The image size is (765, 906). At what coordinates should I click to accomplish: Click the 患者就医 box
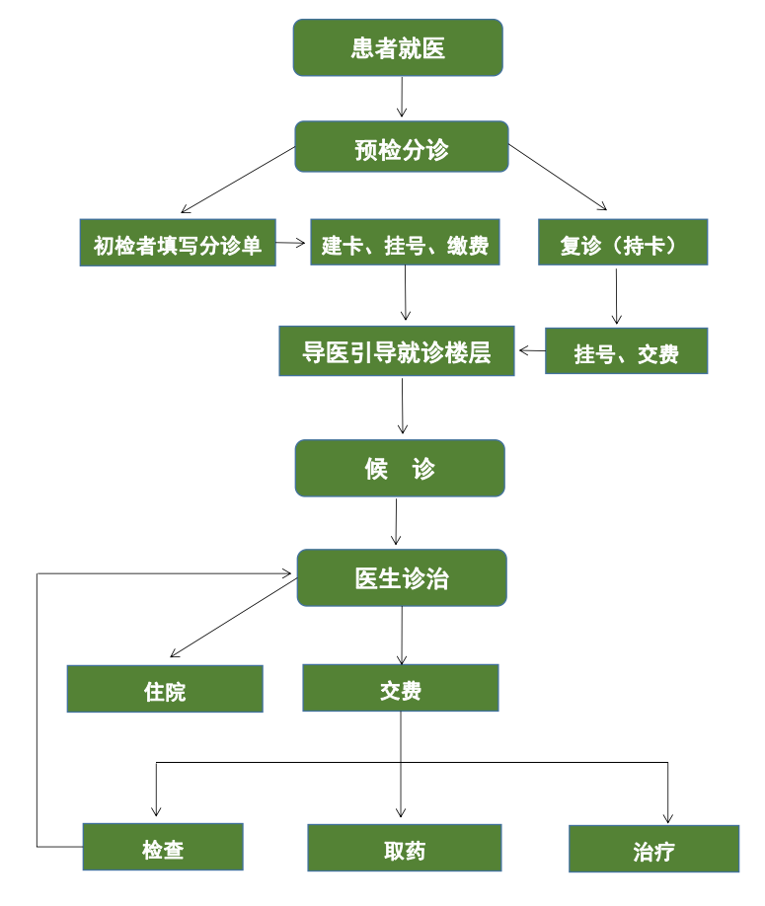coord(398,47)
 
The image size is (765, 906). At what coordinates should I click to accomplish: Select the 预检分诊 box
coord(401,147)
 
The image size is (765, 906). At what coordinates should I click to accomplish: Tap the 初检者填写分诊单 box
coord(178,243)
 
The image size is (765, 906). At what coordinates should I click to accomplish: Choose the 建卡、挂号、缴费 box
coord(405,243)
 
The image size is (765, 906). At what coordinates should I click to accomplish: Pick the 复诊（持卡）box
coord(622,243)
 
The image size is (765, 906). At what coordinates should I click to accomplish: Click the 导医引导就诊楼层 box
coord(397,351)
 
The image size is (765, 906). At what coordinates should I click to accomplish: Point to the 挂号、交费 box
coord(626,351)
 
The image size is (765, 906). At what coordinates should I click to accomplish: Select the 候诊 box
coord(400,468)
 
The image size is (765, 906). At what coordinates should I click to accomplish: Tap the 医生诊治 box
coord(402,577)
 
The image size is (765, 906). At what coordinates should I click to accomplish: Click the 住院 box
coord(165,689)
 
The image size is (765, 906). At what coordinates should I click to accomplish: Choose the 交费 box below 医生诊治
coord(400,688)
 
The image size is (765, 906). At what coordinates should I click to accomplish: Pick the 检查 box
coord(163,847)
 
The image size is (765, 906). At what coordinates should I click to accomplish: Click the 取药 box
coord(404,848)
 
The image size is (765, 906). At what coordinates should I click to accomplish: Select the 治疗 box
coord(653,849)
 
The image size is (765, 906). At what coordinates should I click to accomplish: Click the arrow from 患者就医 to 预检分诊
coord(402,98)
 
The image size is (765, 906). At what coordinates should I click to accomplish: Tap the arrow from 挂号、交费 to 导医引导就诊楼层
coord(532,350)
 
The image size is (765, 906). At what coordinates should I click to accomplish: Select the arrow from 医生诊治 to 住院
coord(233,619)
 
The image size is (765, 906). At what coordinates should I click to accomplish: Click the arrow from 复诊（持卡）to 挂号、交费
coord(617,296)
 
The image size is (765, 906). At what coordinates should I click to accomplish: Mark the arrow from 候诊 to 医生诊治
coord(397,522)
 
